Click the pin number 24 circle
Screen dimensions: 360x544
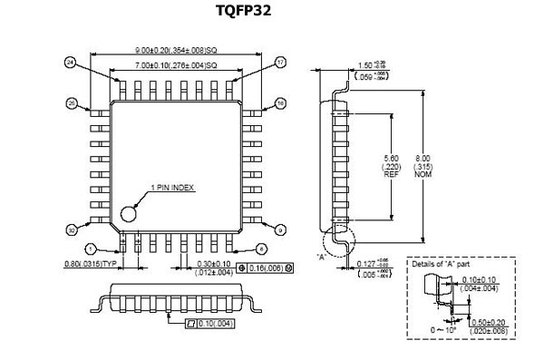click(69, 62)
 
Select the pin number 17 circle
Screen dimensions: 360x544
click(280, 62)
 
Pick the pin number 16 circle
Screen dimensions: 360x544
click(280, 104)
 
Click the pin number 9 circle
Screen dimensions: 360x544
click(280, 230)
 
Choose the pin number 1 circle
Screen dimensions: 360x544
click(90, 248)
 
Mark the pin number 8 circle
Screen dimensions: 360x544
click(260, 248)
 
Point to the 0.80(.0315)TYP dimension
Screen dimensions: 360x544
click(94, 265)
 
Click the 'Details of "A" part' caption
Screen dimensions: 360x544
click(442, 264)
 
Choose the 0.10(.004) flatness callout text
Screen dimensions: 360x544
click(216, 322)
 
